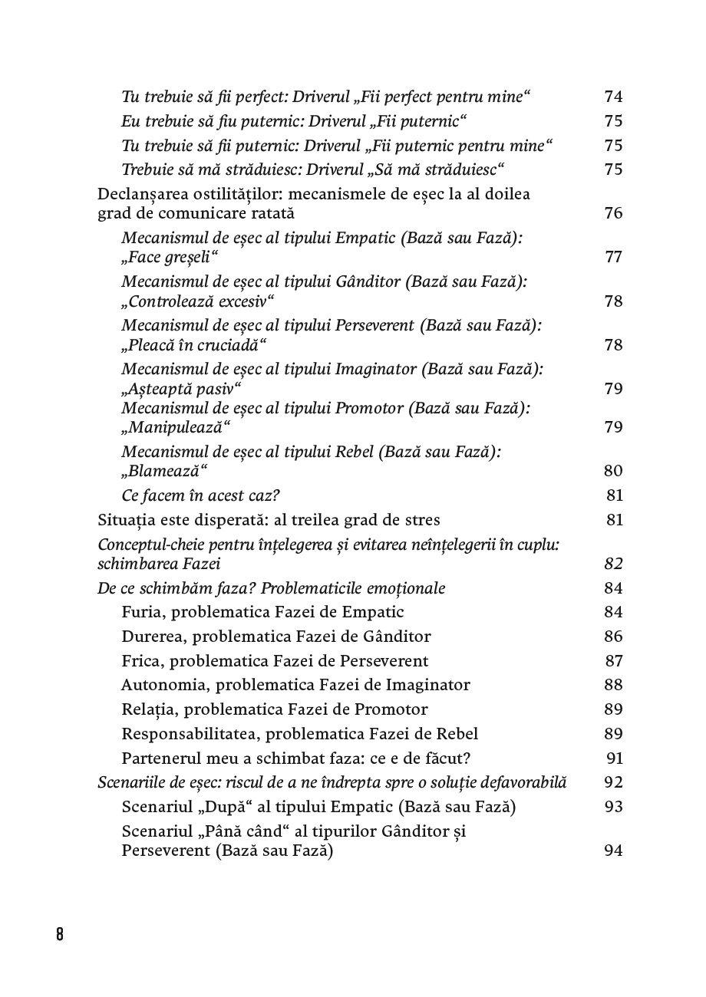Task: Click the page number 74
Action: click(x=613, y=97)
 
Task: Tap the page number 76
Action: click(x=613, y=213)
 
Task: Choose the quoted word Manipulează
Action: click(x=176, y=426)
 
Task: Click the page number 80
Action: click(x=613, y=471)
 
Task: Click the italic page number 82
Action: click(x=613, y=564)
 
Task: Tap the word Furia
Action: click(x=141, y=612)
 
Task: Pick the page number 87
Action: click(x=613, y=661)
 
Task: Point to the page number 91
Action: click(x=615, y=758)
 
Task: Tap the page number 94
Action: click(x=613, y=851)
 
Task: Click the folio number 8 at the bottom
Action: click(x=60, y=934)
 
